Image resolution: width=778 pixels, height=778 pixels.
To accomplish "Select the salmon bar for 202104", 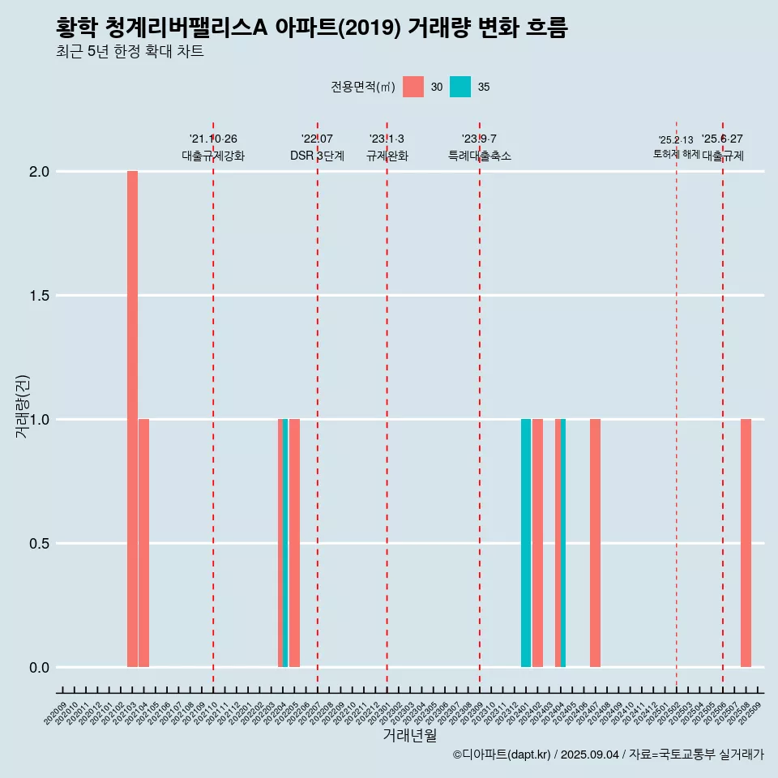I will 143,543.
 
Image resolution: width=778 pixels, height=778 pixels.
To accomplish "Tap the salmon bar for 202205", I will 294,543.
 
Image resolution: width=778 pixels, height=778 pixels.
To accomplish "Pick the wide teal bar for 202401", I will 526,543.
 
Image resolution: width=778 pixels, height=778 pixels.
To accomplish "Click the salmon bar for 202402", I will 537,543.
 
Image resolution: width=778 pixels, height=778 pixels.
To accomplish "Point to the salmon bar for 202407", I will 595,543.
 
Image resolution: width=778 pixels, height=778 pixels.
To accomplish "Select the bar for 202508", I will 746,543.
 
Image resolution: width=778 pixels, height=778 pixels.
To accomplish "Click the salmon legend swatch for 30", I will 413,87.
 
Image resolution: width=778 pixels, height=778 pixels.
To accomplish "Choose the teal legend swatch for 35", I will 460,87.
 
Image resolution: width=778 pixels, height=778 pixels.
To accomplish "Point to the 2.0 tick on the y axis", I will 41,172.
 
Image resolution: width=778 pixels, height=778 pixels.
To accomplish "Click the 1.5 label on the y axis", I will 41,296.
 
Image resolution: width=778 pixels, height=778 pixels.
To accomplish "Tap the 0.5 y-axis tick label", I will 41,544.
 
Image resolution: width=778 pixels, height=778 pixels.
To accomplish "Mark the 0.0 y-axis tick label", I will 41,668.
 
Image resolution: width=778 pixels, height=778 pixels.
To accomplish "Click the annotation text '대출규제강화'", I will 213,156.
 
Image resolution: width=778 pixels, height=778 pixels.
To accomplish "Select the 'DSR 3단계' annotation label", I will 317,156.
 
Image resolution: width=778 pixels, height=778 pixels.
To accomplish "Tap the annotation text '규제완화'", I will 387,156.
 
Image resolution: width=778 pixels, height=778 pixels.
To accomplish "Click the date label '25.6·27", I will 722,139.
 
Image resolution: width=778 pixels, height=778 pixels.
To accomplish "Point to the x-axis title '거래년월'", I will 409,736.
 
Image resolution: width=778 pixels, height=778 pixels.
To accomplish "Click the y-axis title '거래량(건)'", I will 22,406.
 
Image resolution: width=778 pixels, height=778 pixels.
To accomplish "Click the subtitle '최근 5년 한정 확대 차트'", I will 130,52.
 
